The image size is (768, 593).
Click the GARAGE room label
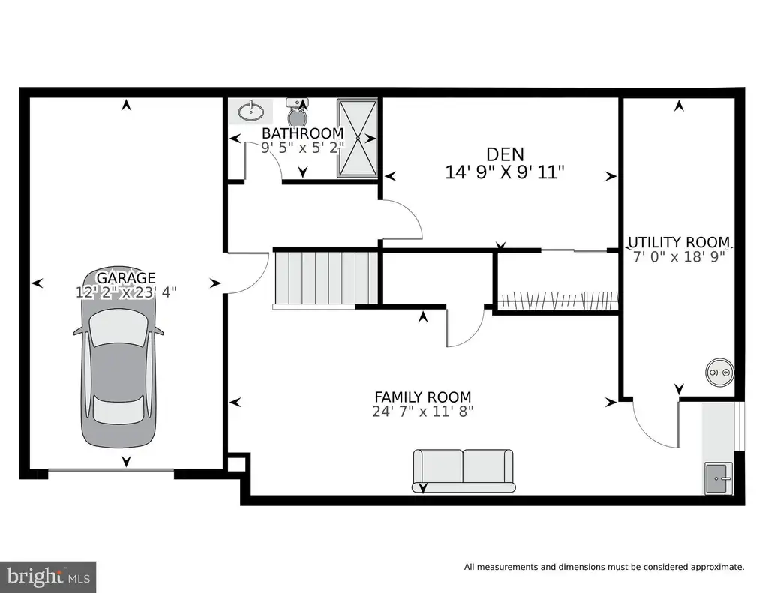pyautogui.click(x=126, y=277)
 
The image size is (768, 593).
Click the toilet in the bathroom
pyautogui.click(x=297, y=112)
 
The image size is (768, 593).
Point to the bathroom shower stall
pyautogui.click(x=357, y=138)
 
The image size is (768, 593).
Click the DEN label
pyautogui.click(x=505, y=154)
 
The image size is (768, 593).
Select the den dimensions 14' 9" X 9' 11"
pyautogui.click(x=505, y=172)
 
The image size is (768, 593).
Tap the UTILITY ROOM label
pyautogui.click(x=679, y=242)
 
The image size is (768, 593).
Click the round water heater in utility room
pyautogui.click(x=719, y=373)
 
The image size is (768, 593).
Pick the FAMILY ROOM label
pyautogui.click(x=423, y=397)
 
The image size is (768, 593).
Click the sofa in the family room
pyautogui.click(x=463, y=471)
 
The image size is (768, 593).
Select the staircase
pyautogui.click(x=325, y=279)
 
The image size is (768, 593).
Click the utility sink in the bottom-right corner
pyautogui.click(x=718, y=478)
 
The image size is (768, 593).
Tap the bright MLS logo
pyautogui.click(x=48, y=576)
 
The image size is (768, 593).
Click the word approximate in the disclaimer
pyautogui.click(x=718, y=567)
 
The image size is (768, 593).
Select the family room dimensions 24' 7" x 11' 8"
pyautogui.click(x=423, y=412)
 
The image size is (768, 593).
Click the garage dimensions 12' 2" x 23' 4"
pyautogui.click(x=126, y=292)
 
